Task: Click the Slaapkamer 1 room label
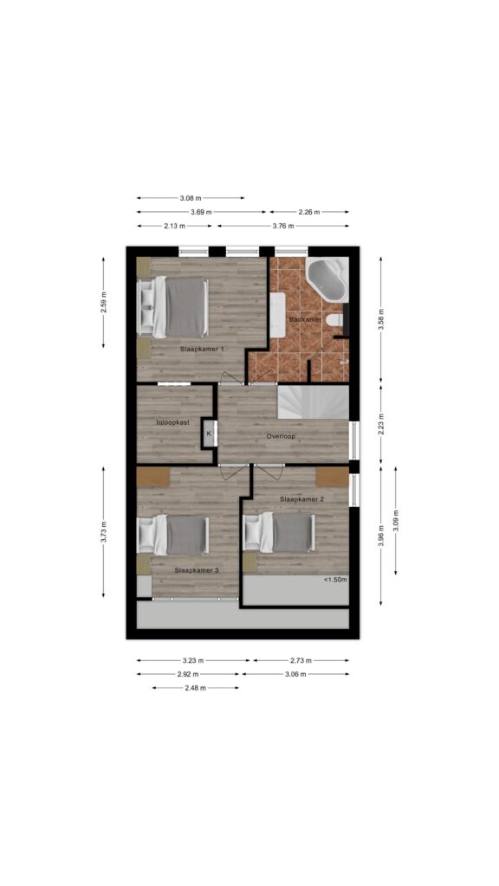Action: coord(201,350)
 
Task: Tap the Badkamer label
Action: coord(305,320)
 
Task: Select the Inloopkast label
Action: coord(172,422)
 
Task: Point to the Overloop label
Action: coord(282,437)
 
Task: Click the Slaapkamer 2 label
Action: coord(301,499)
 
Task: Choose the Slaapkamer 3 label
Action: coord(197,571)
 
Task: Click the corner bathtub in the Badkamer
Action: coord(327,279)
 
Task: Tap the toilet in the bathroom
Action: coord(335,320)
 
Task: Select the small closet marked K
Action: coord(209,434)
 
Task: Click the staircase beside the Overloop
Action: coord(313,402)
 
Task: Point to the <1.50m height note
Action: coord(335,580)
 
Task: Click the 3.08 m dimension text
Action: coord(191,198)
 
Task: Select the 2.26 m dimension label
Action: coord(309,213)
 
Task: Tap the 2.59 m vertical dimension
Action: coord(104,302)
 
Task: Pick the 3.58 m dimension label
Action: coord(381,319)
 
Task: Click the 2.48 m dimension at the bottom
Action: coord(195,688)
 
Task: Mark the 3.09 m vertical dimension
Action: coord(395,521)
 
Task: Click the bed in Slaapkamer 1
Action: coord(173,307)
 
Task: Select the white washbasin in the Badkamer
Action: coord(277,315)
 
